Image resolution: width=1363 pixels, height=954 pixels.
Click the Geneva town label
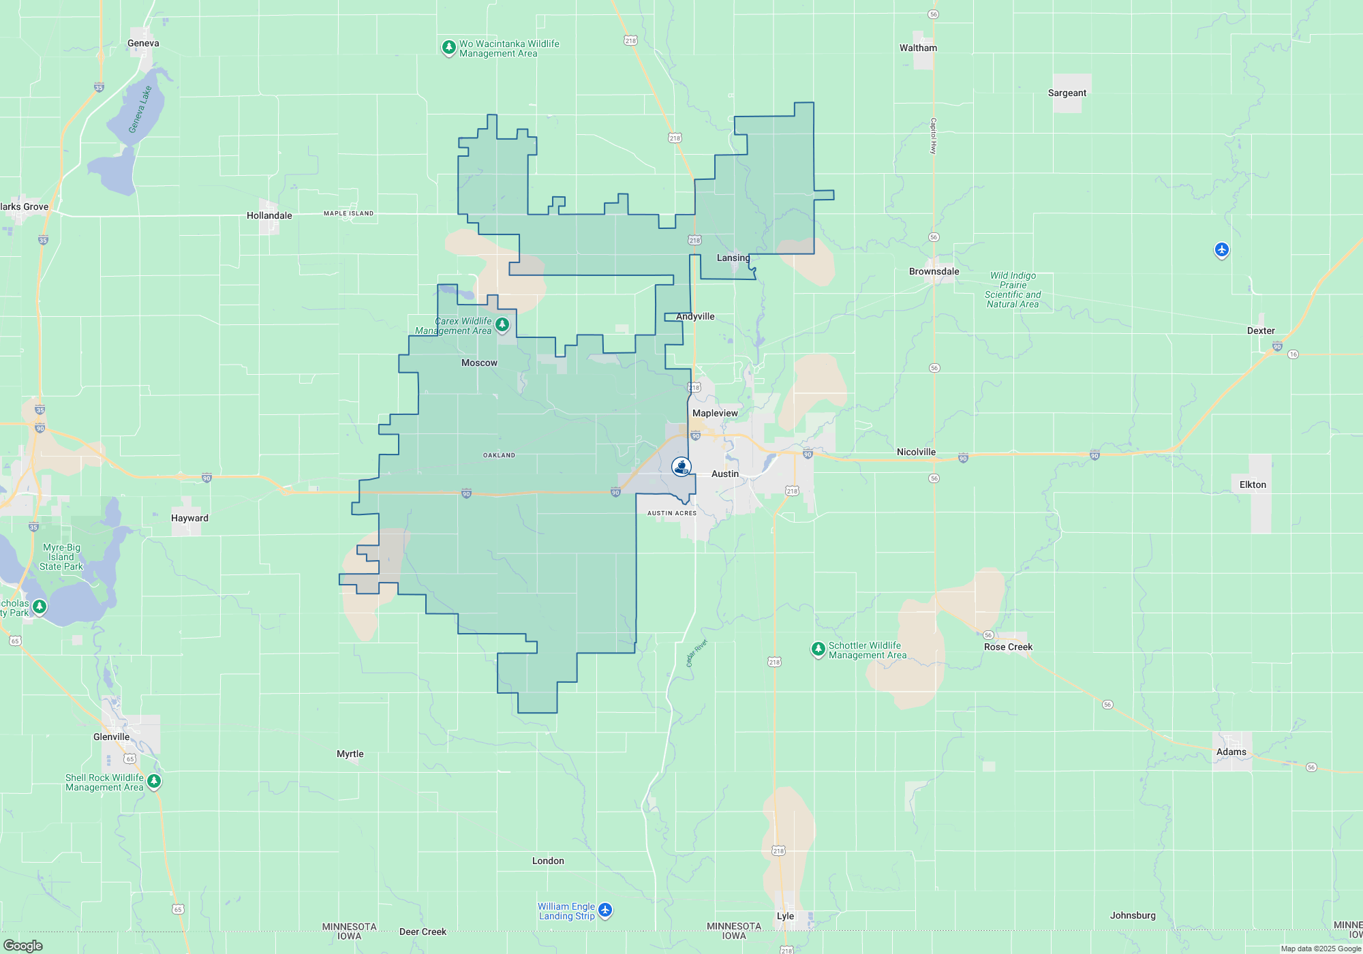143,43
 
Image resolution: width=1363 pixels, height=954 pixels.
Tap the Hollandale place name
269,215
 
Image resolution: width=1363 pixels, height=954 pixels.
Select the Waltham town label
918,48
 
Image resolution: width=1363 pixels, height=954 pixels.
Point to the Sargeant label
1067,93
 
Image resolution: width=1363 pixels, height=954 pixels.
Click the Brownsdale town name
934,271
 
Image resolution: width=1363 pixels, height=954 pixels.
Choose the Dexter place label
1261,330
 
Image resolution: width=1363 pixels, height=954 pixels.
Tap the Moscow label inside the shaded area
479,363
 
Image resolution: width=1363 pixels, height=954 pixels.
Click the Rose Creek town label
1008,647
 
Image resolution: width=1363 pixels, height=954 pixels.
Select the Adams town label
1231,752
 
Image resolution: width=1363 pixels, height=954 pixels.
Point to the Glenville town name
111,737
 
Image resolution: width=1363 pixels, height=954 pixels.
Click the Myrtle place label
350,754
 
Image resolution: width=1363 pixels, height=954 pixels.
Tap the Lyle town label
785,916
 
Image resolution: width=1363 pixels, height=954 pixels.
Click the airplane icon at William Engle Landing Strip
605,910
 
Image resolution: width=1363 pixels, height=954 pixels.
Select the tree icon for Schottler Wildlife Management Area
818,649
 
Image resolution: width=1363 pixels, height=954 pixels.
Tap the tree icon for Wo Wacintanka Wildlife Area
448,47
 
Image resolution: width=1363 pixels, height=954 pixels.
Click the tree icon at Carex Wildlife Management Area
502,324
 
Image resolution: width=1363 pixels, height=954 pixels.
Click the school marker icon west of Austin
681,466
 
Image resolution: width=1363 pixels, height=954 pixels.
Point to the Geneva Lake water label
140,109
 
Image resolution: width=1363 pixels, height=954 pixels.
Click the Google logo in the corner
23,945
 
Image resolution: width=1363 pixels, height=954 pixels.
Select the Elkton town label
1253,484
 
